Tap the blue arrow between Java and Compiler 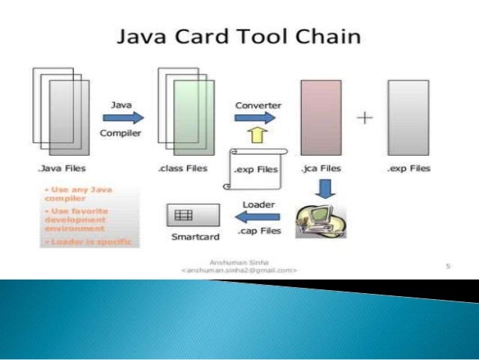tap(122, 118)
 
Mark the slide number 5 tap(448, 265)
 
